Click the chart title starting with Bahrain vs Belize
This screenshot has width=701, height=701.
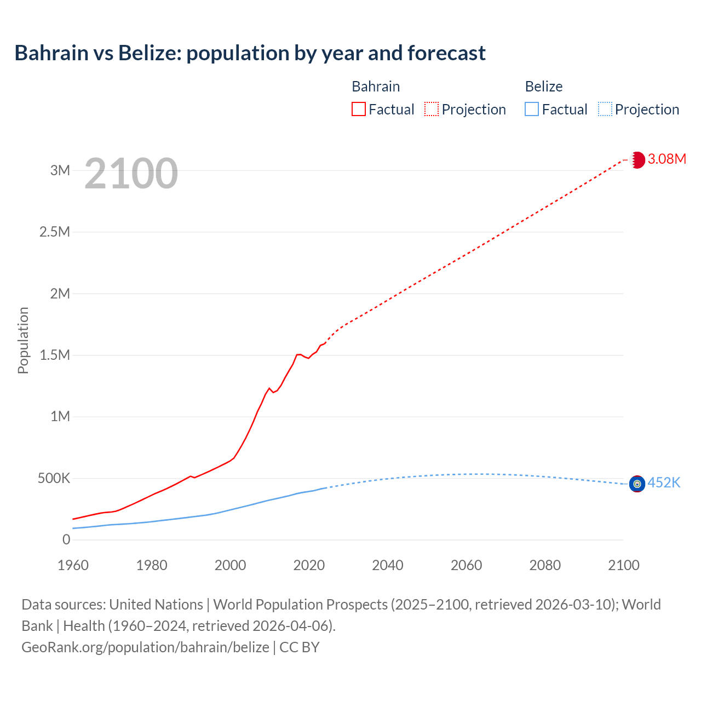(250, 53)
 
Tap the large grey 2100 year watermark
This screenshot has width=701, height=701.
(131, 174)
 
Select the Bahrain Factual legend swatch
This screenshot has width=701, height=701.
(358, 110)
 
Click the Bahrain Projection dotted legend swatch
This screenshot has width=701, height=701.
(432, 110)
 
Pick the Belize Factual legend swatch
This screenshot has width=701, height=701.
(531, 110)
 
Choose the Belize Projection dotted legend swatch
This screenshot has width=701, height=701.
(605, 110)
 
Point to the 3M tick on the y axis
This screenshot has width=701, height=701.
(60, 170)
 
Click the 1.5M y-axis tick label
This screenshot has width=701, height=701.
(55, 355)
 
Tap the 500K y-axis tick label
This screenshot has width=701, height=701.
(54, 478)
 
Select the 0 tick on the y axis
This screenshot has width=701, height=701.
(66, 540)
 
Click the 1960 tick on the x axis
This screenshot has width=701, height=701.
(73, 565)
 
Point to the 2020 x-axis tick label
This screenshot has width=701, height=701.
(309, 565)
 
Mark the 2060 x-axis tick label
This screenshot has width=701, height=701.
(466, 565)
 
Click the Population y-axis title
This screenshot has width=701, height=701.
(23, 340)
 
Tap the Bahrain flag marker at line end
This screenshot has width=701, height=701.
(637, 160)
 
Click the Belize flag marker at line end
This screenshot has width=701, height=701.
(637, 484)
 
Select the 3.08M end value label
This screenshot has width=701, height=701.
(666, 159)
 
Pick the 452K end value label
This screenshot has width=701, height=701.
(664, 482)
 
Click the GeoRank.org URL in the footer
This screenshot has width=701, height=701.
(145, 647)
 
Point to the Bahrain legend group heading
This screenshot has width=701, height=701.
(376, 87)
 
